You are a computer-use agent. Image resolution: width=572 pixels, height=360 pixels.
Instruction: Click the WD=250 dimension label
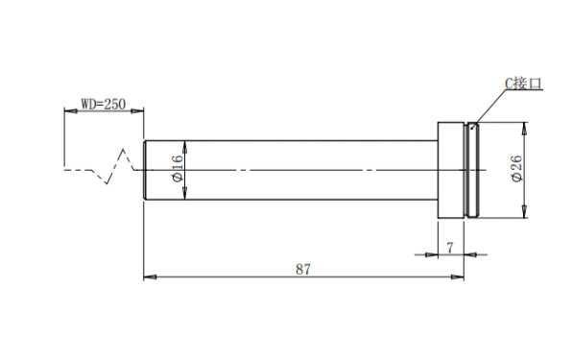pos(104,104)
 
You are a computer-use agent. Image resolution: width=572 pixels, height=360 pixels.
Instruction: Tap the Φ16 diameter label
pos(177,169)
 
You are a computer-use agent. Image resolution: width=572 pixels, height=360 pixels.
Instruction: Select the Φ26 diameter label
pos(516,169)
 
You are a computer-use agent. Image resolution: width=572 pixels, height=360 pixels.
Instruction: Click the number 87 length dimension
pos(303,269)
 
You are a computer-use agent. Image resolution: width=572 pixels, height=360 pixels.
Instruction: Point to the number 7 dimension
pos(450,248)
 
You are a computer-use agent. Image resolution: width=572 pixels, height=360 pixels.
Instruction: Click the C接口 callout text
pos(524,84)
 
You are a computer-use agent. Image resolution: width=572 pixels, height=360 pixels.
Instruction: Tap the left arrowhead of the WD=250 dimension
pos(70,110)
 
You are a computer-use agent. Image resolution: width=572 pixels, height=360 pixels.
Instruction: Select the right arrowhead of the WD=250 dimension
pos(137,110)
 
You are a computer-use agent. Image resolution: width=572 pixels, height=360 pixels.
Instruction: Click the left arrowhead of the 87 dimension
pos(150,277)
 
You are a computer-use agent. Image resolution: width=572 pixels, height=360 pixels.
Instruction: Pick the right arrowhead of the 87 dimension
pos(458,277)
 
